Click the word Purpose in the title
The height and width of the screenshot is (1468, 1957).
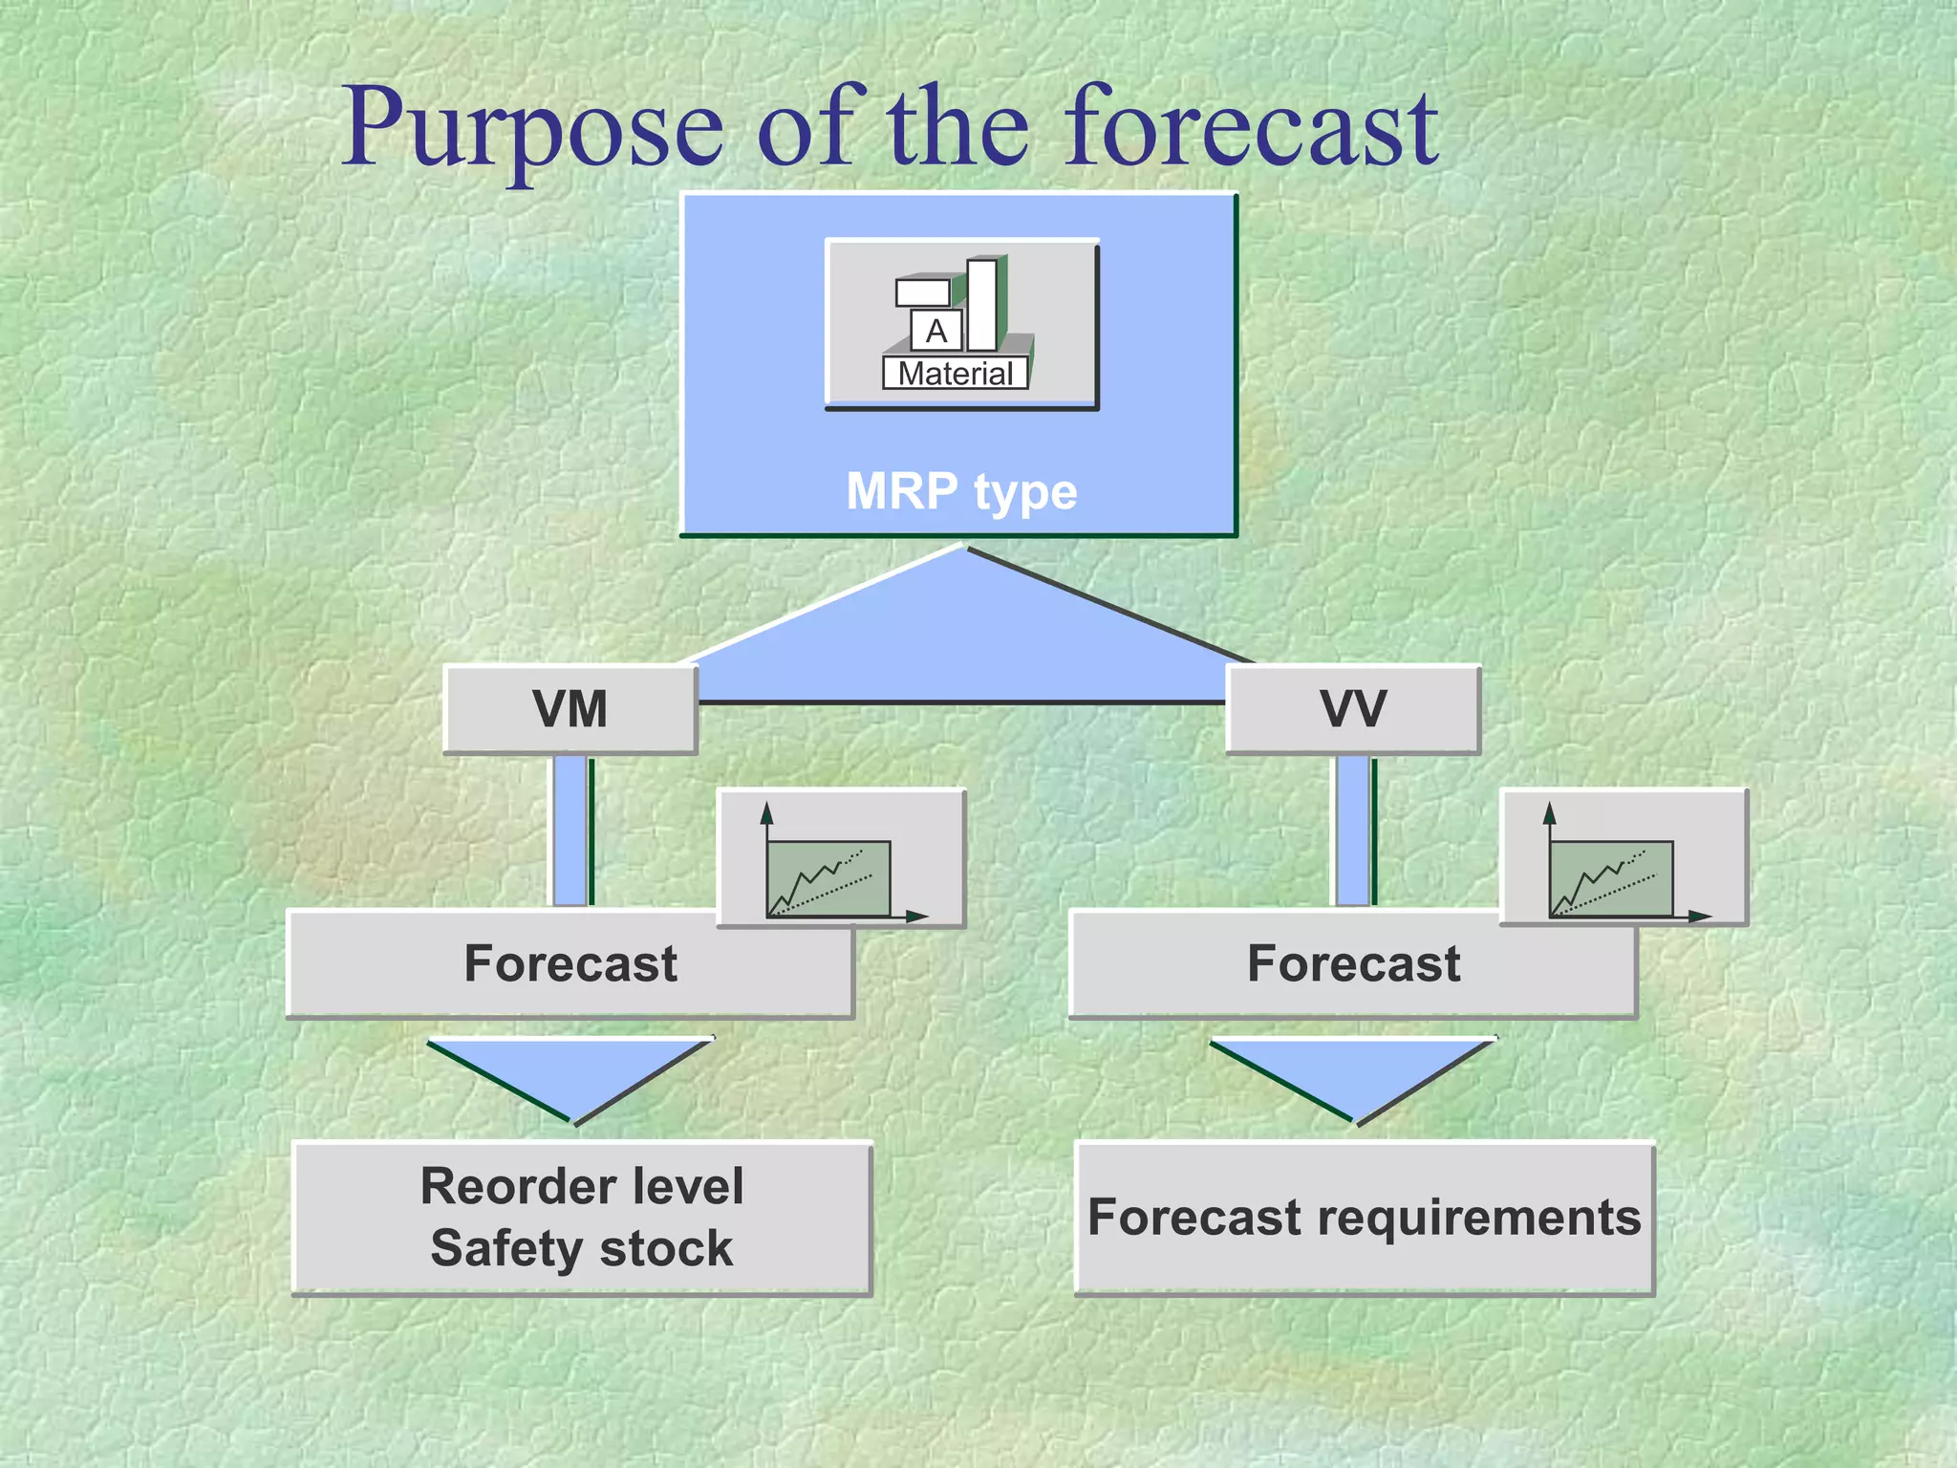coord(532,129)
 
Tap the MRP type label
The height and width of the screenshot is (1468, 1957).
coord(961,491)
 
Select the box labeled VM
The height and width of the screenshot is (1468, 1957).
coord(570,709)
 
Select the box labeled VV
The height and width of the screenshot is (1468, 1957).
coord(1352,709)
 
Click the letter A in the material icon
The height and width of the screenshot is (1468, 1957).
coord(935,331)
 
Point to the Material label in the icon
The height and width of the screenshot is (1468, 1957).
coord(955,374)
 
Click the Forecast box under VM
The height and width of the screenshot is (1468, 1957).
coord(570,963)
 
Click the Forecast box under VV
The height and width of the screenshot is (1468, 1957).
coord(1352,963)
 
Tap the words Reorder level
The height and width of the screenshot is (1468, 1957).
coord(582,1186)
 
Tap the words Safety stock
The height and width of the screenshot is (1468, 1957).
coord(582,1248)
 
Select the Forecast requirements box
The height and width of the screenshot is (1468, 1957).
coord(1364,1218)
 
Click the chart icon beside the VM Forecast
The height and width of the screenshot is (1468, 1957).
coord(841,858)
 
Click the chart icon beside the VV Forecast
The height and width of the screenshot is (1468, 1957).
coord(1623,858)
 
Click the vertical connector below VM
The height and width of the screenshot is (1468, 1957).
coord(570,830)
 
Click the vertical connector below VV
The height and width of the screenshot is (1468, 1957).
coord(1352,830)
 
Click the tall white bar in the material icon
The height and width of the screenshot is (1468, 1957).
coord(981,304)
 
